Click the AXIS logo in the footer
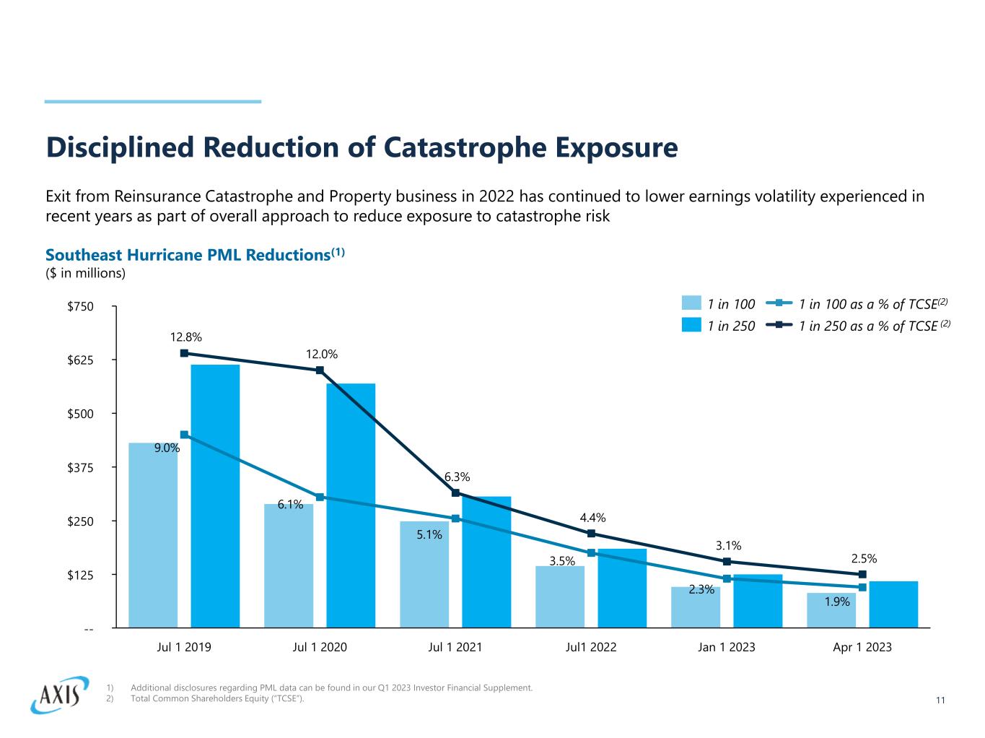point(59,695)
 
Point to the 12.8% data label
point(186,337)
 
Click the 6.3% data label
point(457,477)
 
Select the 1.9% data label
point(837,601)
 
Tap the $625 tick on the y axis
point(80,360)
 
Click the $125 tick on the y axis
point(80,575)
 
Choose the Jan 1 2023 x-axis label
point(727,647)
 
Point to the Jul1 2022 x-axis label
point(591,647)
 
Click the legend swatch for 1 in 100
point(691,303)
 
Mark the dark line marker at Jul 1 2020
point(320,370)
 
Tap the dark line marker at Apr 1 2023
point(862,574)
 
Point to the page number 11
point(940,700)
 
